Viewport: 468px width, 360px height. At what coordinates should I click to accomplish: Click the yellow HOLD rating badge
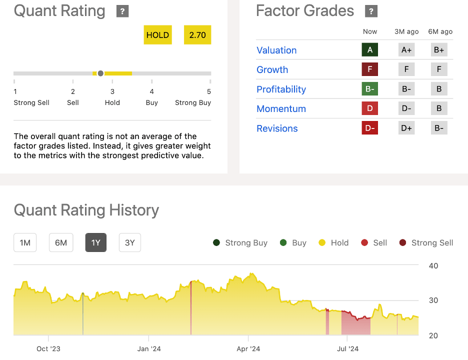[x=157, y=35]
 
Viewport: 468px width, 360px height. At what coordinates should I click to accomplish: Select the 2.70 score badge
[x=197, y=35]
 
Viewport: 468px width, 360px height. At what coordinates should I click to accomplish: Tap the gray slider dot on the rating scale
[x=100, y=73]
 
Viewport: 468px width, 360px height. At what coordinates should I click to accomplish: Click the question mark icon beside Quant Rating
[x=122, y=11]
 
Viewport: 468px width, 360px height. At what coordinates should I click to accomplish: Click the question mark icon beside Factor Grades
[x=371, y=11]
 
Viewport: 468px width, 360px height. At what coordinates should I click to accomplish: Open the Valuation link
[x=276, y=50]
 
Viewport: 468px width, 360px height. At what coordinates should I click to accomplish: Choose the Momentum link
[x=281, y=108]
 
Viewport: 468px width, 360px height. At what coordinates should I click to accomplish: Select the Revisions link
[x=277, y=128]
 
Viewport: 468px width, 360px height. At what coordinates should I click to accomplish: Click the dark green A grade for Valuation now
[x=370, y=49]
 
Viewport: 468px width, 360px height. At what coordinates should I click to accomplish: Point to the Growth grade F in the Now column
[x=370, y=69]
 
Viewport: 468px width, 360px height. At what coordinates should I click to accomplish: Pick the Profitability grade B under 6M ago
[x=439, y=89]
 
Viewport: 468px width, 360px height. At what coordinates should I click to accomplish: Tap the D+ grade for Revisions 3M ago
[x=406, y=128]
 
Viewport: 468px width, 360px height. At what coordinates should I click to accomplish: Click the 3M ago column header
[x=406, y=31]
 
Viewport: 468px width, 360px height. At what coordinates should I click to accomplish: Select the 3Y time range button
[x=130, y=243]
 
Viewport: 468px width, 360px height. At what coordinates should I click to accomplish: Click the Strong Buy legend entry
[x=240, y=243]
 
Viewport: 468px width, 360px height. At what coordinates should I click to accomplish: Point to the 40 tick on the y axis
[x=433, y=265]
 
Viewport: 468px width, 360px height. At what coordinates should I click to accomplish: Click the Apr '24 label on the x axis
[x=248, y=348]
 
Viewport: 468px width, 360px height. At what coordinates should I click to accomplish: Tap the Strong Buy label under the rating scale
[x=193, y=102]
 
